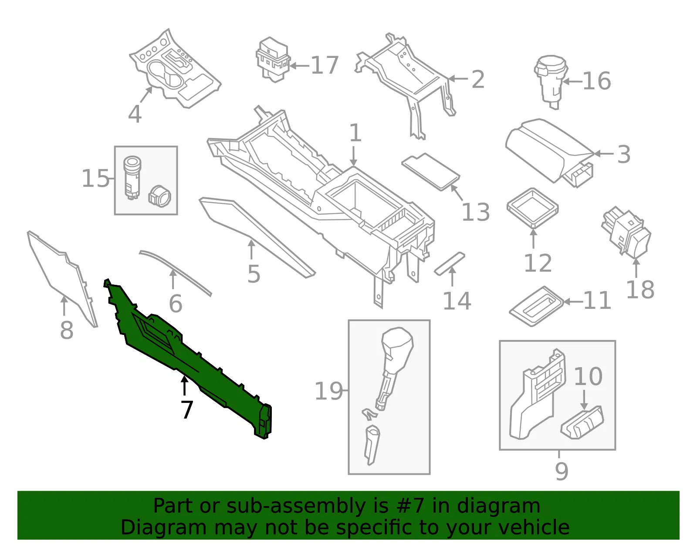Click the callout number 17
(x=325, y=65)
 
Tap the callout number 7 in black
(x=187, y=409)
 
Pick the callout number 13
(x=476, y=212)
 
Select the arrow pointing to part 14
(x=452, y=276)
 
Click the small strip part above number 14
(x=450, y=264)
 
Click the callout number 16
(x=597, y=81)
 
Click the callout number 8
(x=67, y=330)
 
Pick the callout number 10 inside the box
(x=588, y=376)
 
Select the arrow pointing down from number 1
(x=353, y=156)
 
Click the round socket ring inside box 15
(x=159, y=196)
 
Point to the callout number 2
(x=478, y=80)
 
